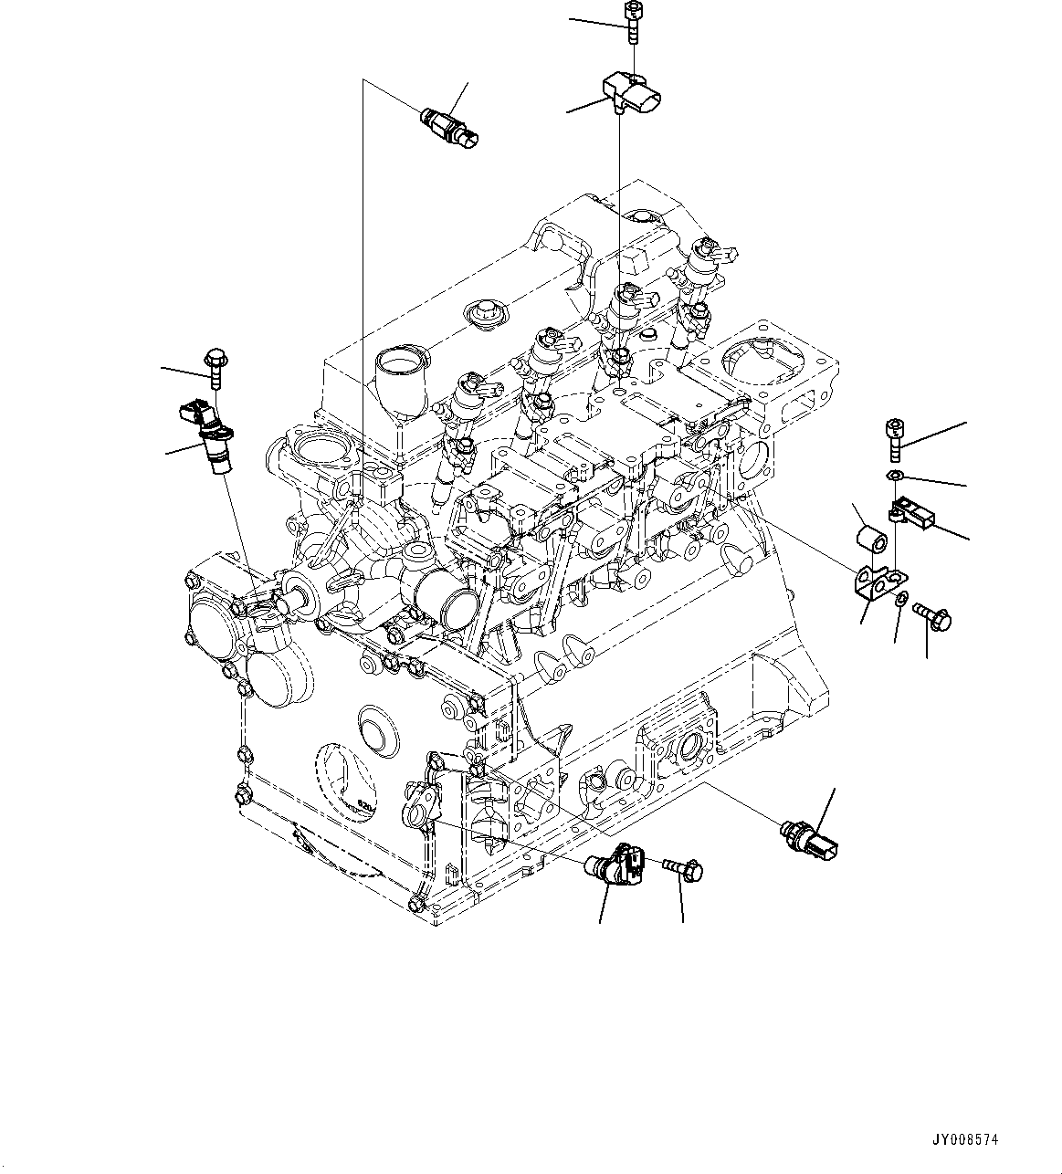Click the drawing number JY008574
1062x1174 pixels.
(964, 1140)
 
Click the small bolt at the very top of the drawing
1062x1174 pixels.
(631, 20)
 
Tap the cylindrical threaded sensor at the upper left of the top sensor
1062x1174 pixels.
(449, 127)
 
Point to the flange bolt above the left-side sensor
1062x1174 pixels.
(216, 366)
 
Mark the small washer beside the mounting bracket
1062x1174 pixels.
(901, 600)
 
